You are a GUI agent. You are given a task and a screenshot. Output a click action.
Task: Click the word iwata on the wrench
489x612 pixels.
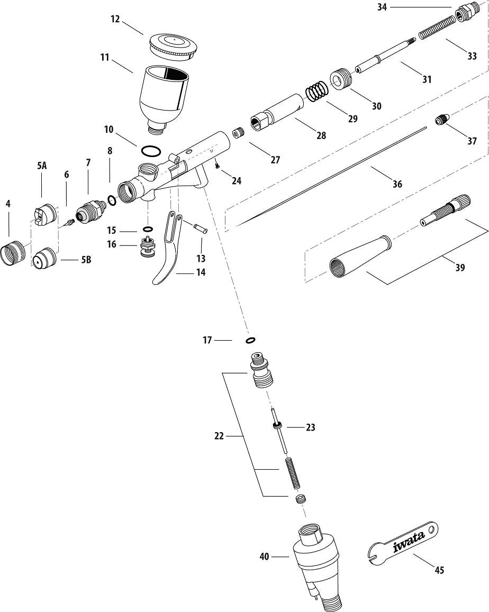coord(409,540)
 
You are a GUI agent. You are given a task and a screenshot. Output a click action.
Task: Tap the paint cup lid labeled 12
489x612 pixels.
coord(173,45)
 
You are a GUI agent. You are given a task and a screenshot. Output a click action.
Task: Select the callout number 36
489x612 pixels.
coord(397,184)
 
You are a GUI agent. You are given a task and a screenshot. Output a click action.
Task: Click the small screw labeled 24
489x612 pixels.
coord(218,166)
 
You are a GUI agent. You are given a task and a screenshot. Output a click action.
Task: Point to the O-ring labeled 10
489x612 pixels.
coord(151,151)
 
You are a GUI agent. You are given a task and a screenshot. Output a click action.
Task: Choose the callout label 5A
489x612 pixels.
coord(42,166)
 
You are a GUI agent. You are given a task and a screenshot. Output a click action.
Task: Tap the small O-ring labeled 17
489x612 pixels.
coord(250,340)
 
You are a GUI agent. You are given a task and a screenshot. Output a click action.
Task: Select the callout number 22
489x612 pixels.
coord(219,436)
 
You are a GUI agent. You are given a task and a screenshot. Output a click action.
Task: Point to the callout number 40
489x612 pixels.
coord(265,556)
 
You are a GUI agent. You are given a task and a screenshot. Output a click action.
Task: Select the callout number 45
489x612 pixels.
coord(439,570)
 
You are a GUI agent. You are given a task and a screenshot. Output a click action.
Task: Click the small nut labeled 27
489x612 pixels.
coord(239,132)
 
